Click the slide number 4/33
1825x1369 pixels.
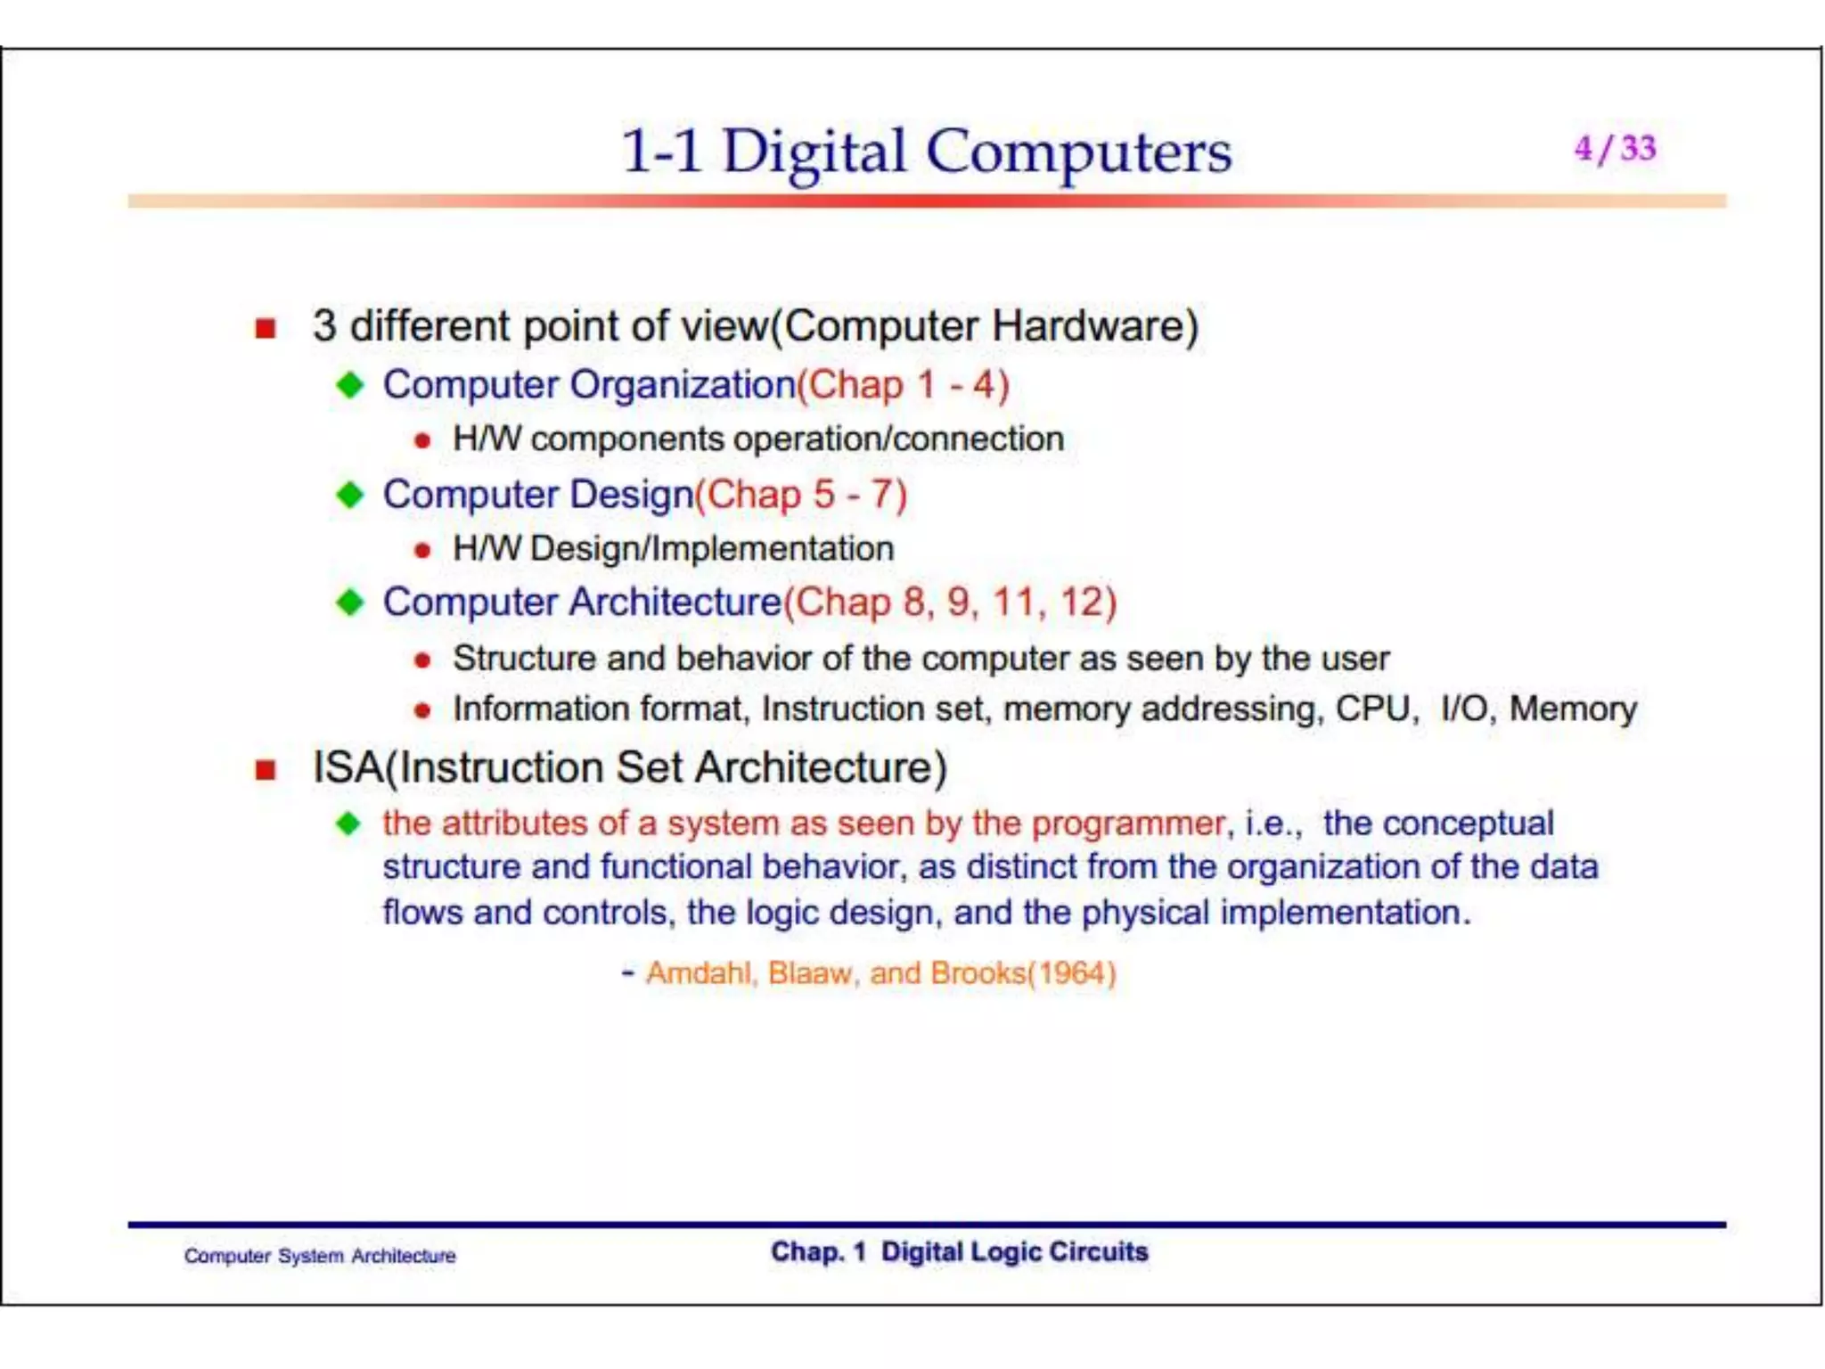coord(1614,148)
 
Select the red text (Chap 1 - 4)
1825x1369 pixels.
coord(903,385)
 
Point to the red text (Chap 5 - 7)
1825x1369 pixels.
coord(800,495)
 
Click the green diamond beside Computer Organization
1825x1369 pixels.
coord(350,385)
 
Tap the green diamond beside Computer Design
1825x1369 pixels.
coord(350,495)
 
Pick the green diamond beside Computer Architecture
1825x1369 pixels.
coord(350,603)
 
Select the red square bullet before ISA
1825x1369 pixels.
coord(265,769)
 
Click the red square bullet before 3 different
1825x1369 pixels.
coord(265,328)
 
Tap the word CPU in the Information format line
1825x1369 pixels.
coord(1373,709)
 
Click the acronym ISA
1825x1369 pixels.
coord(348,768)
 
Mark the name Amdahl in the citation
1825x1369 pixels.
coord(700,973)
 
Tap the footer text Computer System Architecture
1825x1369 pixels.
coord(320,1256)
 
